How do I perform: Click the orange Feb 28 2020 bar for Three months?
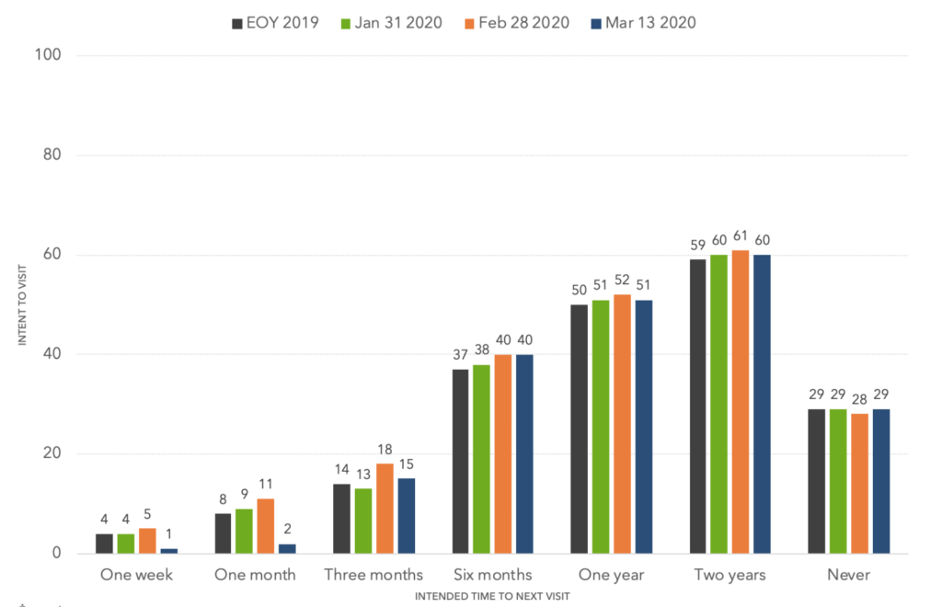click(x=385, y=509)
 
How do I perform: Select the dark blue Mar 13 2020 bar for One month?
click(x=287, y=548)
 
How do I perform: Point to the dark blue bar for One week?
click(x=168, y=551)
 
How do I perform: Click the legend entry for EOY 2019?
click(x=275, y=23)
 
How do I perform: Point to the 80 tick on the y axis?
click(x=52, y=155)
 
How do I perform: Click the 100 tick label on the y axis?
click(x=48, y=56)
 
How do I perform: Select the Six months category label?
click(x=492, y=575)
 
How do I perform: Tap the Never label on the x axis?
click(x=847, y=575)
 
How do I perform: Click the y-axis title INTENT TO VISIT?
click(x=22, y=303)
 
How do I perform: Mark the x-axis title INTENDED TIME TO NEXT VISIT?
click(x=492, y=596)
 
